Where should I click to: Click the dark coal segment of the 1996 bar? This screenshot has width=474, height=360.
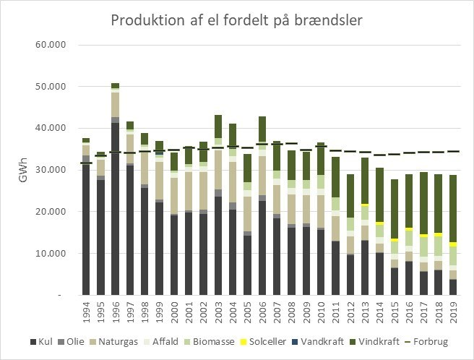[x=115, y=210]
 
